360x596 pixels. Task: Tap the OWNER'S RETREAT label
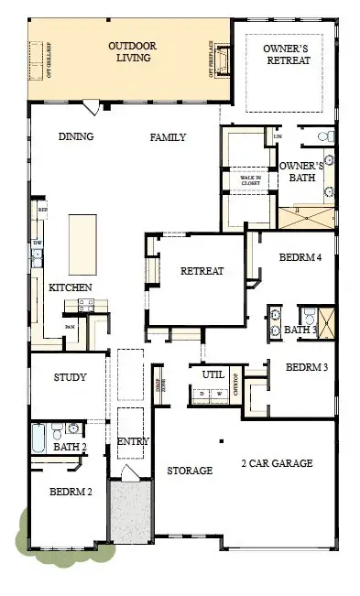[x=286, y=54]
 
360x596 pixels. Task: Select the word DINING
[x=76, y=137]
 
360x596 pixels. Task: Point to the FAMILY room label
[x=168, y=137]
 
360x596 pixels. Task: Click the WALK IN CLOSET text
[x=250, y=180]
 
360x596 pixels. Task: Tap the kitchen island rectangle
[x=84, y=244]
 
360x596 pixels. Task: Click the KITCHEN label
[x=70, y=287]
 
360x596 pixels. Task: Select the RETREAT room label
[x=202, y=271]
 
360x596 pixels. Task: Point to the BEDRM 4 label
[x=300, y=259]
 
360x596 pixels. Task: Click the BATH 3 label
[x=300, y=330]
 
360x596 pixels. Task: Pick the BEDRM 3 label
[x=307, y=367]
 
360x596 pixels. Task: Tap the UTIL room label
[x=213, y=374]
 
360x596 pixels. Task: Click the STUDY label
[x=70, y=376]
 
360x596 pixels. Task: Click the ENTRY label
[x=133, y=442]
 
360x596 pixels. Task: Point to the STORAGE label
[x=190, y=471]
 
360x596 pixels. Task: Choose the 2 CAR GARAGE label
[x=277, y=463]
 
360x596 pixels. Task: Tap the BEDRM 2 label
[x=71, y=492]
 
